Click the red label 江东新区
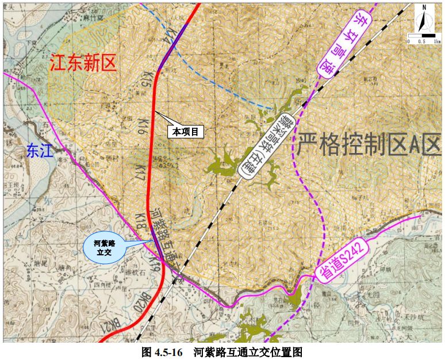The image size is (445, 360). pyautogui.click(x=83, y=63)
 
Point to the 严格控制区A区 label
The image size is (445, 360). pyautogui.click(x=367, y=141)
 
